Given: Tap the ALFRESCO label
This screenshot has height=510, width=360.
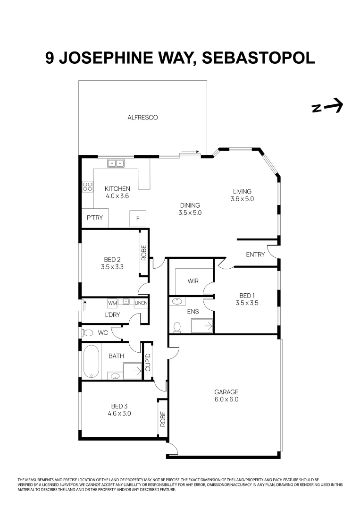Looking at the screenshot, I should tap(142, 118).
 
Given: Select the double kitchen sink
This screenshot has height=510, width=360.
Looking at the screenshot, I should tap(116, 163).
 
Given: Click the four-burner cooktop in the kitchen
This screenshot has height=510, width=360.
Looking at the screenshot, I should tap(87, 187).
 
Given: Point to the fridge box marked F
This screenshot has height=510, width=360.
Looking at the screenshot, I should tap(138, 219).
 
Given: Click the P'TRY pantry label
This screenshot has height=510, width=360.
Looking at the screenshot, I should tap(94, 218).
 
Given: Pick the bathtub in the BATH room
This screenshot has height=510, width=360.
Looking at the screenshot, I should tap(90, 362).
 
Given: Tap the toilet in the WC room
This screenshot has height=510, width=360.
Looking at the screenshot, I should tap(88, 333).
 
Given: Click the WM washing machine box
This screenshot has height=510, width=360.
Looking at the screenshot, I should tap(112, 303).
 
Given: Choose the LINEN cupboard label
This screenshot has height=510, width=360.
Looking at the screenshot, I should tap(141, 303).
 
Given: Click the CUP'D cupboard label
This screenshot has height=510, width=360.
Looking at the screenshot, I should tap(147, 362).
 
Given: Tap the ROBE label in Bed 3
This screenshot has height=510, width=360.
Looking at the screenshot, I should tap(163, 419).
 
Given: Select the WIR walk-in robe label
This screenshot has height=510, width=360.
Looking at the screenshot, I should tap(193, 281).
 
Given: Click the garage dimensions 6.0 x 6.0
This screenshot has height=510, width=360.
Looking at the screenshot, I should tap(226, 399).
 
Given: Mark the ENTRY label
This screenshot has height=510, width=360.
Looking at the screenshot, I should tap(255, 255).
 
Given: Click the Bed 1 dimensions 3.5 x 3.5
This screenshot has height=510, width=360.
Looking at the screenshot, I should tap(246, 304).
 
